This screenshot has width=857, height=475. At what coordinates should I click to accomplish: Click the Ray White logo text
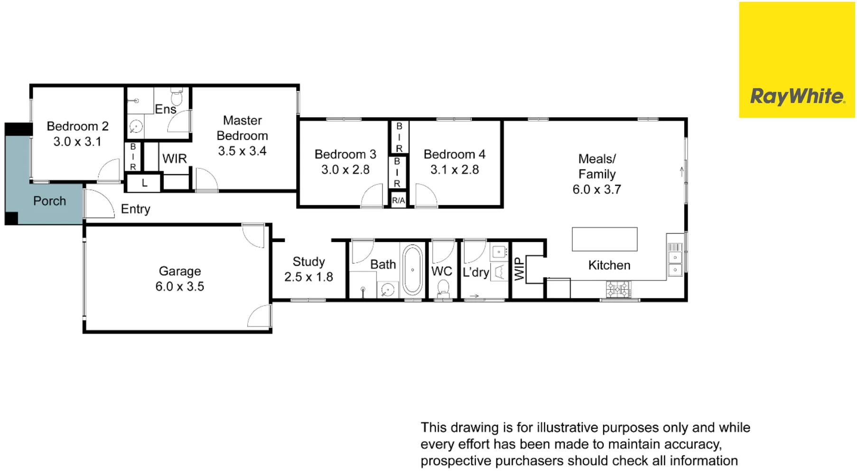click(x=797, y=96)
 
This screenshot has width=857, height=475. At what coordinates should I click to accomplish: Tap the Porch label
click(x=49, y=201)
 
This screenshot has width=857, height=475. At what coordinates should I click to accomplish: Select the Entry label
click(x=135, y=209)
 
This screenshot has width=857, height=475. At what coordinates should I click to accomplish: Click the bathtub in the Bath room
click(x=412, y=270)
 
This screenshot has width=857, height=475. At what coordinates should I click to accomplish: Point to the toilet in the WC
click(x=443, y=288)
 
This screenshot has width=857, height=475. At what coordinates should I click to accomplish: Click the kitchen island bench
click(x=604, y=239)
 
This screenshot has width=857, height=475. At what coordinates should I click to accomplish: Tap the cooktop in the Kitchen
click(x=618, y=289)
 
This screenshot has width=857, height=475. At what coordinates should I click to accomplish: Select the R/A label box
click(x=398, y=201)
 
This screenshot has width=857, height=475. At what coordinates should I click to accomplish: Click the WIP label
click(x=520, y=269)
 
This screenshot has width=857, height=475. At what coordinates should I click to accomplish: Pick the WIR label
click(x=174, y=159)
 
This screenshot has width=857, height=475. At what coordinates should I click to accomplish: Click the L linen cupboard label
click(x=144, y=183)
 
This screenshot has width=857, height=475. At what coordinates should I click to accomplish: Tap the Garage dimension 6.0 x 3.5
click(x=179, y=287)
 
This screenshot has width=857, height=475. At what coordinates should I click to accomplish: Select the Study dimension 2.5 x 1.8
click(x=308, y=277)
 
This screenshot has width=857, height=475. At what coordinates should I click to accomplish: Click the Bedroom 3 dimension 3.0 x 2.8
click(x=345, y=170)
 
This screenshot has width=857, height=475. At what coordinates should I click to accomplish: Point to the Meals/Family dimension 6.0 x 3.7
click(x=596, y=190)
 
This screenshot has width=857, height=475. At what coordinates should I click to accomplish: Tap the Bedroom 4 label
click(x=454, y=155)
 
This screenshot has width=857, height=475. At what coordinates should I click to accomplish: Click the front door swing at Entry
click(x=99, y=205)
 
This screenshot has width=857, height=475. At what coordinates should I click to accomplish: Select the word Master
click(x=242, y=121)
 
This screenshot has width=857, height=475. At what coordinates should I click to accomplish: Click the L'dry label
click(x=475, y=272)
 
